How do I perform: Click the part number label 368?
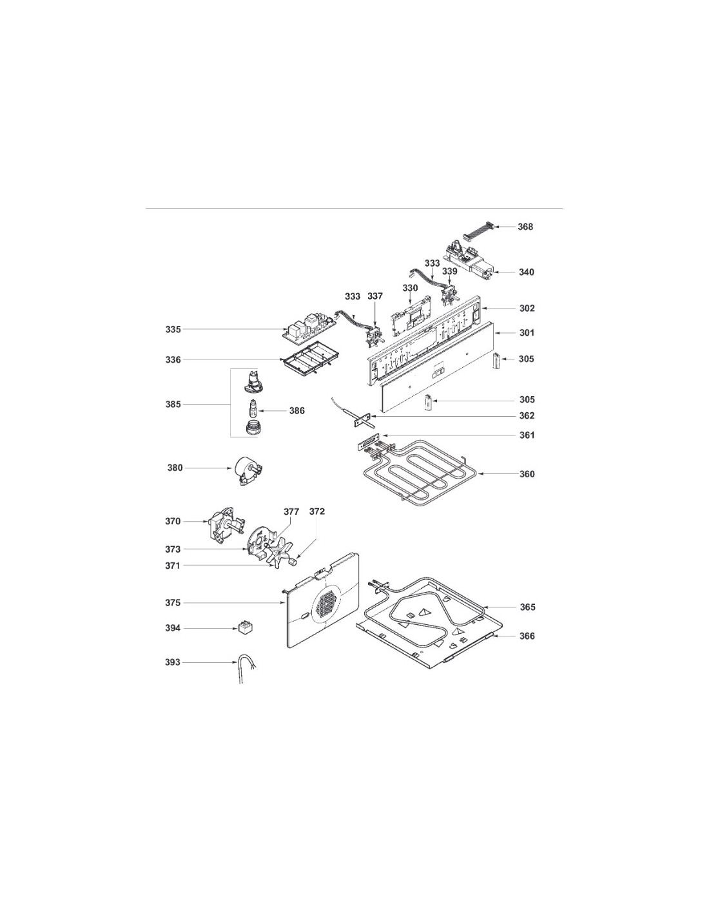coord(525,227)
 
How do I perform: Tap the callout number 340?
coord(526,272)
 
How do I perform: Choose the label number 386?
coord(297,410)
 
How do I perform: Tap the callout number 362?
coord(527,416)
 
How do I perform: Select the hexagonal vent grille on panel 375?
coord(327,607)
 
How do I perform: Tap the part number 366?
coord(527,636)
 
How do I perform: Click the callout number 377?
coord(291,511)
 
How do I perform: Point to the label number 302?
coord(527,309)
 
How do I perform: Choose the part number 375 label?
coord(173,603)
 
